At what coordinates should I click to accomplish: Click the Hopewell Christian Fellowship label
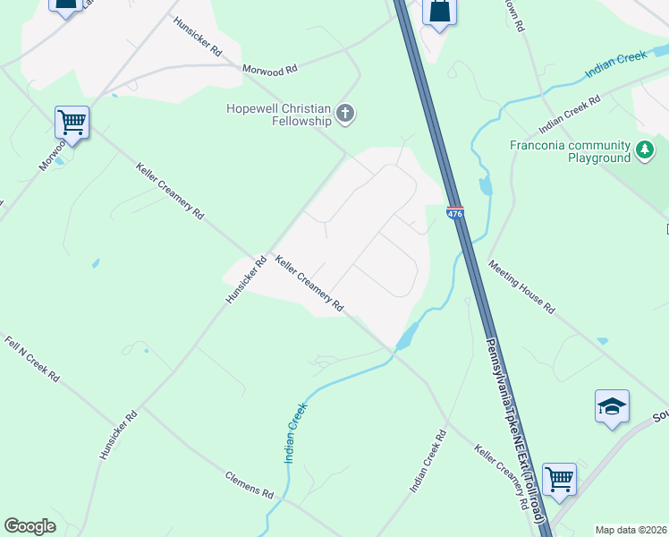tap(277, 115)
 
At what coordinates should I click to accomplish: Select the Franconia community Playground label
tap(570, 151)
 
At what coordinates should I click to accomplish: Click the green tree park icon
tap(645, 149)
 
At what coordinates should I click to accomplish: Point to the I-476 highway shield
tap(455, 213)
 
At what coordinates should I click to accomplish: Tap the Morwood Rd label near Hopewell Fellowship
tap(269, 70)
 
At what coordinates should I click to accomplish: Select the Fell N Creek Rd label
tap(31, 360)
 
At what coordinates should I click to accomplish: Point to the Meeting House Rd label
tap(521, 287)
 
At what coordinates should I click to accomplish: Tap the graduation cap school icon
tap(612, 406)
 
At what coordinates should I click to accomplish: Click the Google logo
tap(30, 526)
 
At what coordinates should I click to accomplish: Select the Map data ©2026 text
tap(631, 530)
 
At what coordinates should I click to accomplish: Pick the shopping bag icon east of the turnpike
tap(439, 13)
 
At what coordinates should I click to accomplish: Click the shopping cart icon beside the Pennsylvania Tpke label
tap(559, 479)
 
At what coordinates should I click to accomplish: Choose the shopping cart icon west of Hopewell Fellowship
tap(72, 120)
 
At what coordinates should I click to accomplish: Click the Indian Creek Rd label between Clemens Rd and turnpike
tap(428, 462)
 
